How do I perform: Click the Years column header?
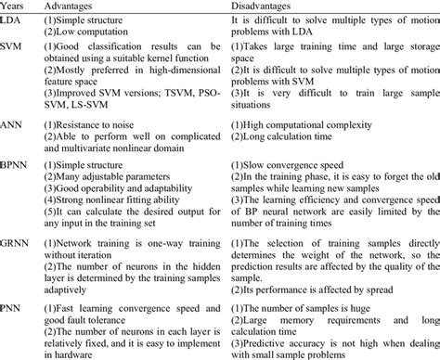pyautogui.click(x=15, y=7)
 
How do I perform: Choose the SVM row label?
pyautogui.click(x=14, y=45)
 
